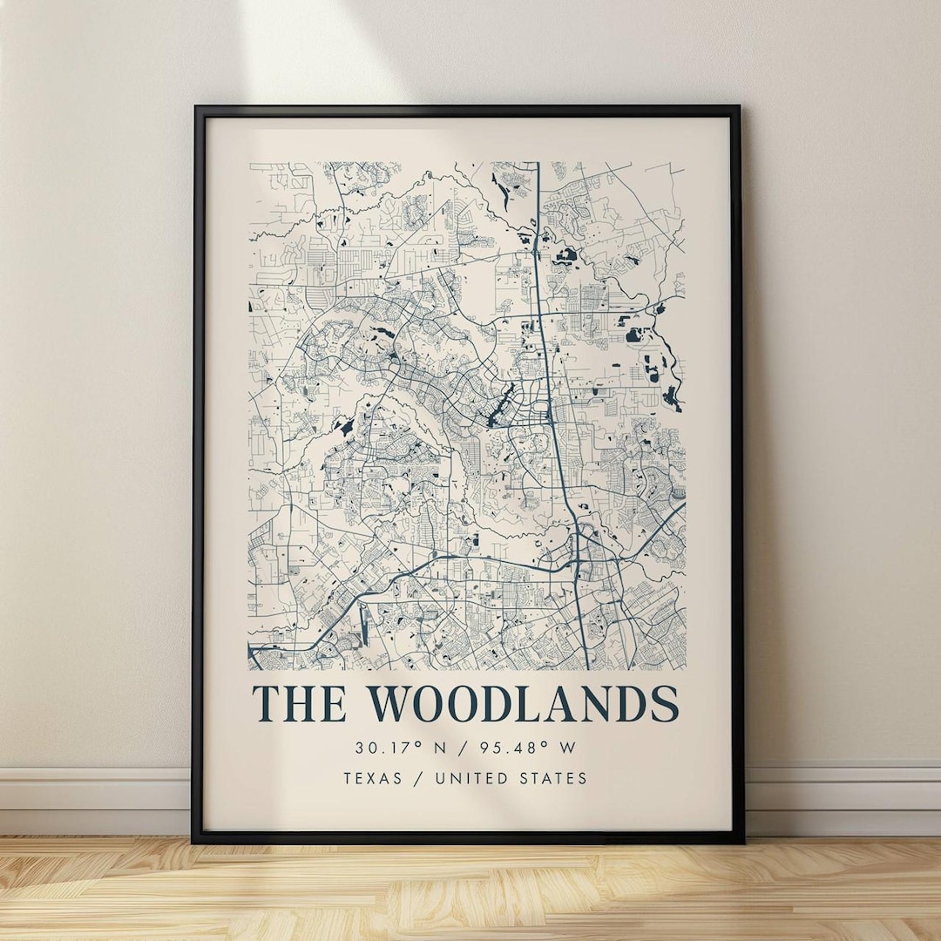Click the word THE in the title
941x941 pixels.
[x=298, y=704]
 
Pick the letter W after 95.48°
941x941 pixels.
[x=568, y=748]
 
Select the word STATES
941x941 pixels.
[x=557, y=778]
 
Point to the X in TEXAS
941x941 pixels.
[x=376, y=778]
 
